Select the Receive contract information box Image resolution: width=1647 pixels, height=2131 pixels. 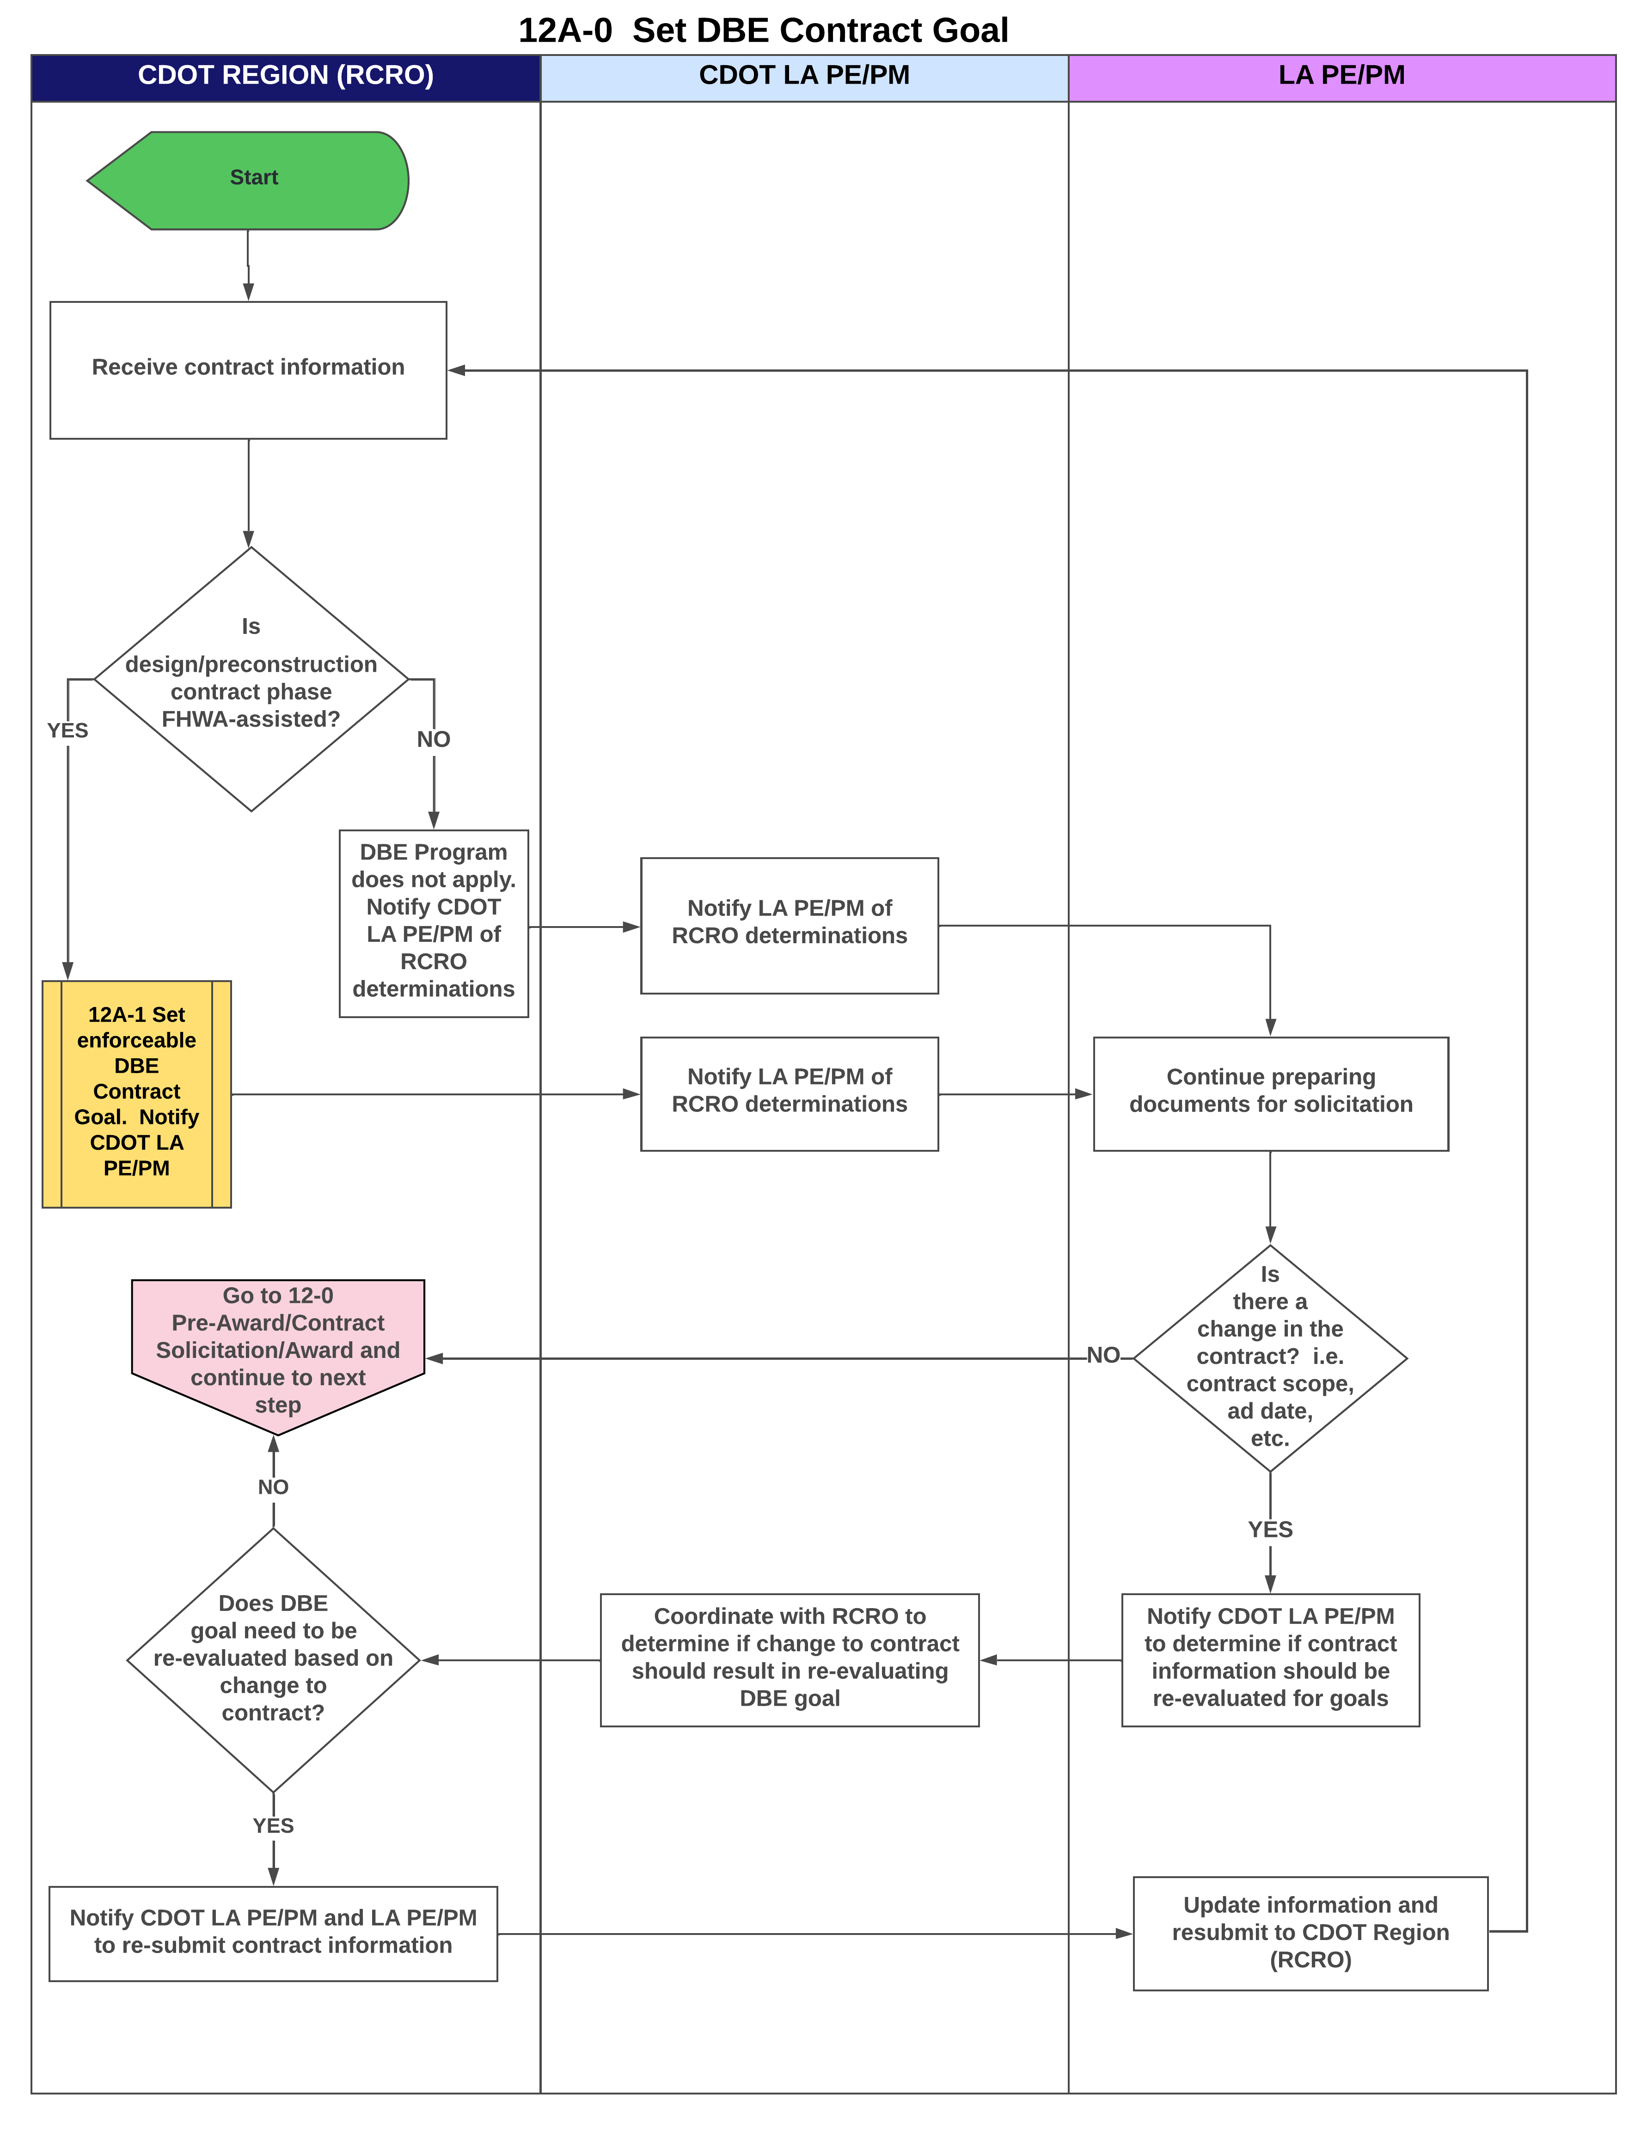tap(248, 370)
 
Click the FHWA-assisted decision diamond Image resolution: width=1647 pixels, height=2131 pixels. tap(251, 679)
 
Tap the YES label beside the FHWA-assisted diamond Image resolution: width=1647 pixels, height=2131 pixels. tap(67, 731)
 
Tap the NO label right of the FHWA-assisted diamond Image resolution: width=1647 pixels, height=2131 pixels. tap(433, 740)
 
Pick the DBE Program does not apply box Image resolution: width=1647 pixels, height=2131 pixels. tap(433, 923)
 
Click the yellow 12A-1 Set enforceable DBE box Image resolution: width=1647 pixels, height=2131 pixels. tap(137, 1094)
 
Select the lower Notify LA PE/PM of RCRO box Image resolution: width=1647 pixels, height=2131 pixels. tap(790, 1094)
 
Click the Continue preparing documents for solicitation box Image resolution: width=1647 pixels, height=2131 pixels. tap(1270, 1094)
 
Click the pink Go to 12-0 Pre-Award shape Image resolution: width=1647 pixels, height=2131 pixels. tap(278, 1351)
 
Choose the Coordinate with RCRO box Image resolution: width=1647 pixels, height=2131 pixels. tap(790, 1660)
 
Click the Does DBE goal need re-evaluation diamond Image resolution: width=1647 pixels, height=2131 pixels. tap(273, 1660)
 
